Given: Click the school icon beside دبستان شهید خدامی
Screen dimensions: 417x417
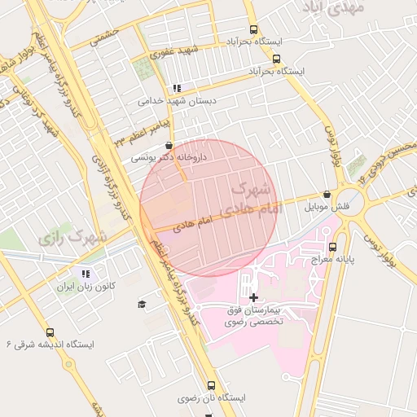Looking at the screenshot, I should tap(177, 88).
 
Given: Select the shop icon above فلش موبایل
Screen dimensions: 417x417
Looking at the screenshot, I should tap(327, 195).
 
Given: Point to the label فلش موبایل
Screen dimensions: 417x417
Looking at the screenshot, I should tap(327, 208).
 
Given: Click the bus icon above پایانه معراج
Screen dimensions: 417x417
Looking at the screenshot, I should tap(332, 246).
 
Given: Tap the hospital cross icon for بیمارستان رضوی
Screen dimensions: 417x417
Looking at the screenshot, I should tap(253, 297).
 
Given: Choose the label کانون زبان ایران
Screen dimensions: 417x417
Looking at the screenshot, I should tap(87, 288).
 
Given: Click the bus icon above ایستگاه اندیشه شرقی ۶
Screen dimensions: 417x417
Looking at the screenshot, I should tap(50, 332).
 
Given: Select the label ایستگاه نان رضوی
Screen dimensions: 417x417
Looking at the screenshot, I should tap(211, 399).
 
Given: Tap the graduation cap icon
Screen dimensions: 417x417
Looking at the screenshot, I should tap(142, 304).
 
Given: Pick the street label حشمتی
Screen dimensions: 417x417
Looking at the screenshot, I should tap(103, 33).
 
